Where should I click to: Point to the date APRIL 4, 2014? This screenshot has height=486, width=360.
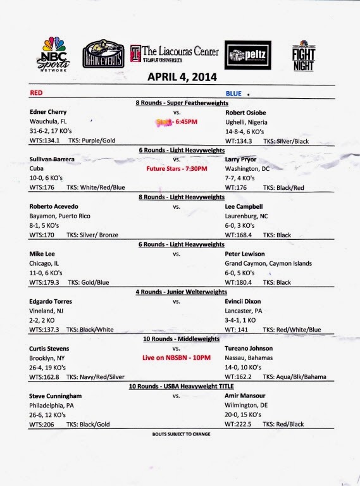coord(182,78)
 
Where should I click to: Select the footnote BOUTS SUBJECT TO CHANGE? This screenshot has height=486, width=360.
coord(180,435)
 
